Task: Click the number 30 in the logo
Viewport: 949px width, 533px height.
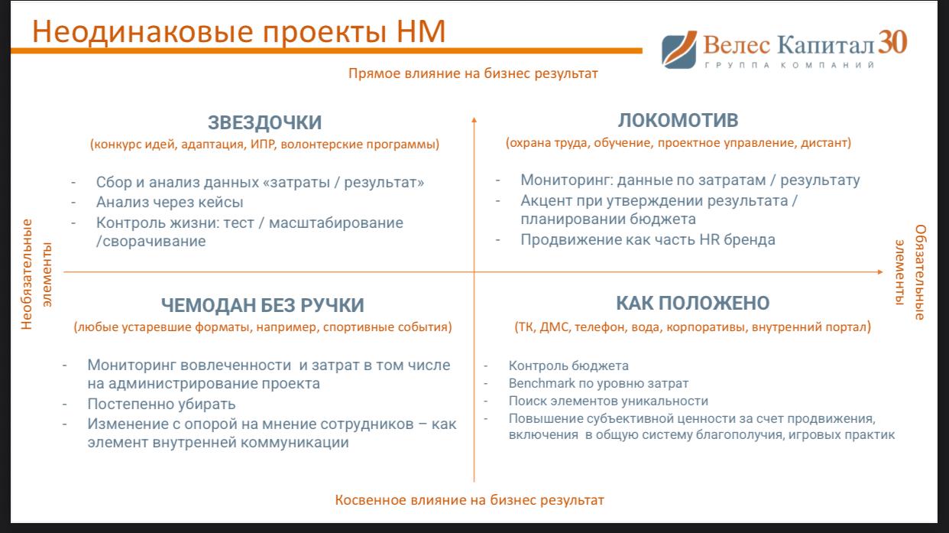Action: click(892, 42)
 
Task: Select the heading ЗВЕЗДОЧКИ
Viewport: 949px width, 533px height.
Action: click(264, 122)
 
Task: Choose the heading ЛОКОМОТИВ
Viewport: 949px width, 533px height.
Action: click(677, 121)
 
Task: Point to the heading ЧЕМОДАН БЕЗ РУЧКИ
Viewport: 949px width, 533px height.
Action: click(262, 305)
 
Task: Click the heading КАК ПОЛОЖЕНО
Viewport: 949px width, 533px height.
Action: click(692, 303)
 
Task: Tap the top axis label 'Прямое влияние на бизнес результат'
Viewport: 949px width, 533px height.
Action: click(473, 73)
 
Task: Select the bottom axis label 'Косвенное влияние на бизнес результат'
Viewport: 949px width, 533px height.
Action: click(469, 500)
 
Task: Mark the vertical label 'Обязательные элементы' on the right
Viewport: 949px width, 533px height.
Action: click(912, 272)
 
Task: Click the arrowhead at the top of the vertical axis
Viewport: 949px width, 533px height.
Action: click(474, 119)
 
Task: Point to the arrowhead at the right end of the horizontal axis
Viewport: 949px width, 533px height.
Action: click(879, 271)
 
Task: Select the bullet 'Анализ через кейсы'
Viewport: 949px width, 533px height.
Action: click(170, 203)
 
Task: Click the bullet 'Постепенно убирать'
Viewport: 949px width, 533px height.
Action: click(161, 404)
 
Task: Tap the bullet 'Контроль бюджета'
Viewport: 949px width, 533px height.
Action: click(568, 366)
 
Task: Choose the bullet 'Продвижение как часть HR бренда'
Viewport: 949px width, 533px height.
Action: click(647, 239)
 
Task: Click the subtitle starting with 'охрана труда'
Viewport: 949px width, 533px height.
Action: click(678, 143)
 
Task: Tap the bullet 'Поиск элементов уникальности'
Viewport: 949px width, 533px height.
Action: click(608, 401)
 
